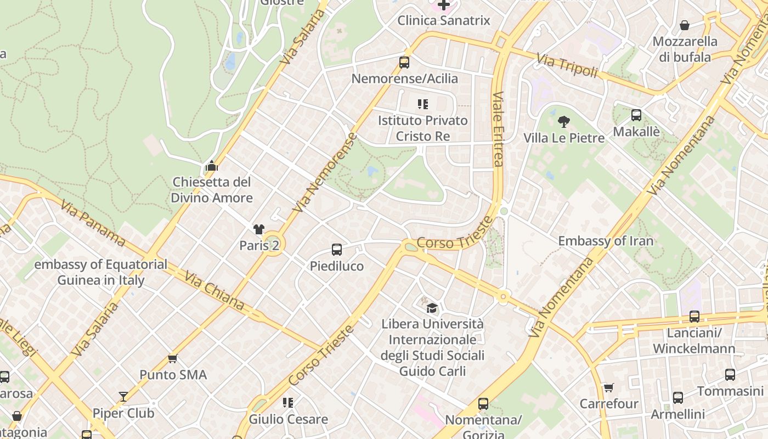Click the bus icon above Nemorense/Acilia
404,63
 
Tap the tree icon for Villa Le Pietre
563,122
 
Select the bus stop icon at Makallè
636,115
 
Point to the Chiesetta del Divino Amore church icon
212,165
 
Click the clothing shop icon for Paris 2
259,229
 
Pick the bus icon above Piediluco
337,250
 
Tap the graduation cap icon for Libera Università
432,308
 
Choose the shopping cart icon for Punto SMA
173,358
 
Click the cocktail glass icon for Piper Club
123,397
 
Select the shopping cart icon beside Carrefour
608,388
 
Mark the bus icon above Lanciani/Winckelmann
694,317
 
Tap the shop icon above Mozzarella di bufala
685,25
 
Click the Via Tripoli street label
567,65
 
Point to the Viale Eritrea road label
498,128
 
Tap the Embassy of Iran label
606,241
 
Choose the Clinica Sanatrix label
443,21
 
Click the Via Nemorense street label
325,173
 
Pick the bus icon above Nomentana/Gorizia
483,404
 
